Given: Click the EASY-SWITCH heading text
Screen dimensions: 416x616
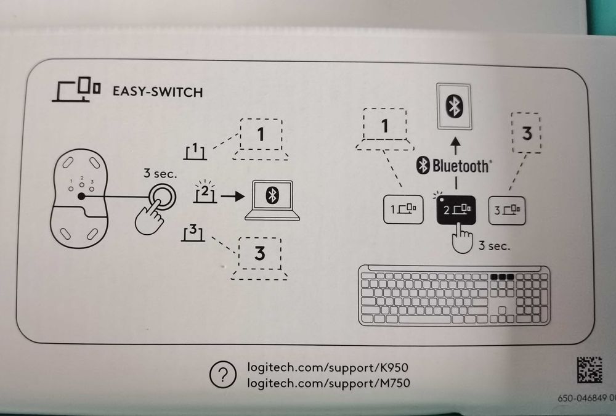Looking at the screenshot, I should point(158,92).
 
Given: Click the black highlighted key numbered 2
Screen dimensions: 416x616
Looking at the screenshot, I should point(455,209).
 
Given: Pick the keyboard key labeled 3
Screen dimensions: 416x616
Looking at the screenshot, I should point(506,209).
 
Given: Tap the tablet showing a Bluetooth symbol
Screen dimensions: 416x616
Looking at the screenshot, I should point(455,107).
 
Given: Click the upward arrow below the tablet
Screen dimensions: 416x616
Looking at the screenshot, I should point(455,144).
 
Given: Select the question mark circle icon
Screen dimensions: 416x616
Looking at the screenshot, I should point(223,375).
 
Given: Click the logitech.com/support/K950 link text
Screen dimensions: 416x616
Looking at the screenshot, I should point(328,368).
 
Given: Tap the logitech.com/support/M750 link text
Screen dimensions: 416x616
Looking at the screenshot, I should point(328,383).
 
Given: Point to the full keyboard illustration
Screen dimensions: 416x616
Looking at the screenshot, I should point(455,295).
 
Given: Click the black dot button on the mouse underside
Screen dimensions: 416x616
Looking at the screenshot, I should point(81,197).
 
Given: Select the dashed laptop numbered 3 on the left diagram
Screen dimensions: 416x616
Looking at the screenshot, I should point(260,258).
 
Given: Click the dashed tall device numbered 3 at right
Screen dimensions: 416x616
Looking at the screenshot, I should point(526,133).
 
